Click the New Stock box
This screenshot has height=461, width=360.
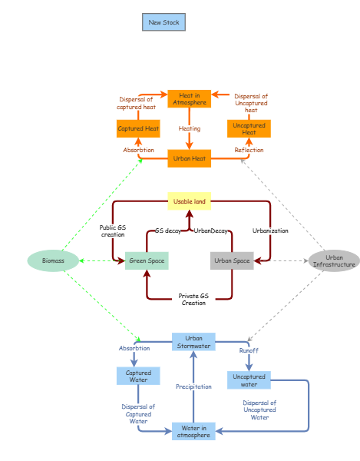pyautogui.click(x=163, y=22)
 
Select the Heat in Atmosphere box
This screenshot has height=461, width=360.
pyautogui.click(x=189, y=99)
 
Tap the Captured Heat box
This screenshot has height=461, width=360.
pyautogui.click(x=138, y=129)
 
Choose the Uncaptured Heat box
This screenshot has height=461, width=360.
pyautogui.click(x=249, y=129)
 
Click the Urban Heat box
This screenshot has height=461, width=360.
pyautogui.click(x=189, y=159)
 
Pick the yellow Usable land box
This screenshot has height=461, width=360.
pyautogui.click(x=189, y=201)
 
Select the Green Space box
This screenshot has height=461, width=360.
pyautogui.click(x=146, y=260)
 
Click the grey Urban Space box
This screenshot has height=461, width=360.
pyautogui.click(x=232, y=260)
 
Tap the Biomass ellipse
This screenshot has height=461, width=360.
pyautogui.click(x=53, y=260)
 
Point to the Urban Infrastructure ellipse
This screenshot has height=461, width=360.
pyautogui.click(x=334, y=261)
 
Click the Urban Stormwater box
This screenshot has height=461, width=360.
pyautogui.click(x=193, y=342)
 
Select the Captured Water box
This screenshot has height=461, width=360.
pyautogui.click(x=138, y=376)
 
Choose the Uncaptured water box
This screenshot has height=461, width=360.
pyautogui.click(x=249, y=380)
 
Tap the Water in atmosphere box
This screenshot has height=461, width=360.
pyautogui.click(x=193, y=431)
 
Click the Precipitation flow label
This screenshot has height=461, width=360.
pyautogui.click(x=193, y=386)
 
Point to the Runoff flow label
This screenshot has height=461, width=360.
pyautogui.click(x=249, y=350)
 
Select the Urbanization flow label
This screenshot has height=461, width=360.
pyautogui.click(x=270, y=230)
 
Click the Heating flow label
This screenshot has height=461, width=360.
pyautogui.click(x=189, y=128)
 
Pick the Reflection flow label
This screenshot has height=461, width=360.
pyautogui.click(x=249, y=150)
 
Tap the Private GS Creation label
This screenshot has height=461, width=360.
pyautogui.click(x=193, y=299)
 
